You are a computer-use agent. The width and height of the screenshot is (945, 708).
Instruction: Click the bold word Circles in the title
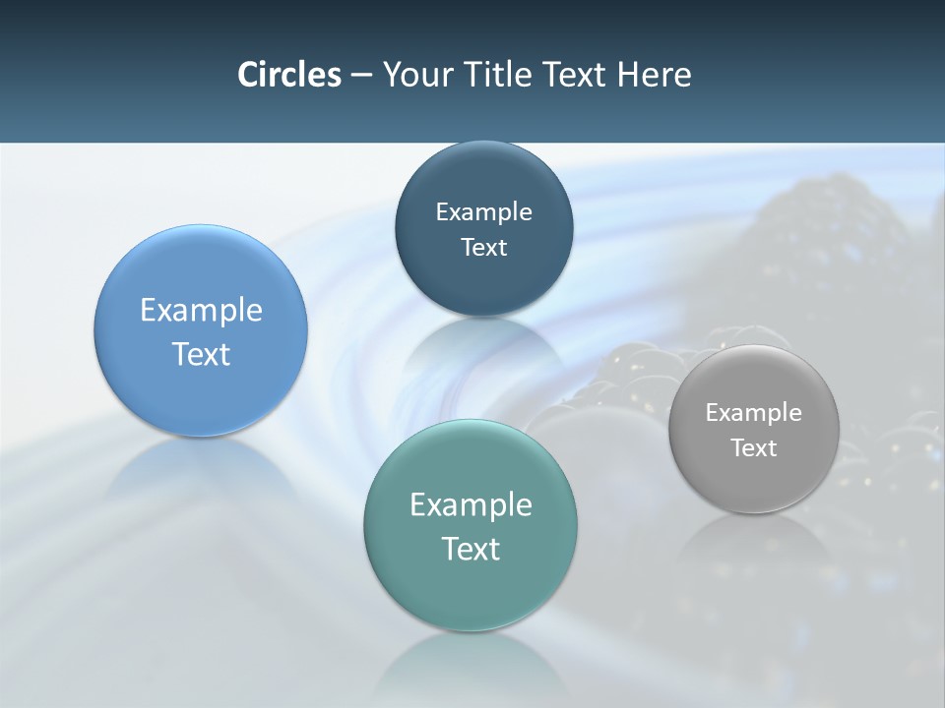coord(289,75)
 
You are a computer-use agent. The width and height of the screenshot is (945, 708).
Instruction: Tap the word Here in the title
coord(654,75)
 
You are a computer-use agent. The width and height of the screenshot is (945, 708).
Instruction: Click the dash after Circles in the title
coord(361,76)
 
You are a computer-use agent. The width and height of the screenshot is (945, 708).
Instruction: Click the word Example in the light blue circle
coord(201,311)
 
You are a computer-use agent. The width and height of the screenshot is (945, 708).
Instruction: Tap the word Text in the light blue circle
coord(201,354)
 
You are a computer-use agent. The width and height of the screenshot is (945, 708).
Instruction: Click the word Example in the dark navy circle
coord(483,212)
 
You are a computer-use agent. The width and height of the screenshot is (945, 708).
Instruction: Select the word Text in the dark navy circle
coord(483,248)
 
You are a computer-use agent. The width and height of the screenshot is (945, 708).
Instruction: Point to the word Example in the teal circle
coord(471,505)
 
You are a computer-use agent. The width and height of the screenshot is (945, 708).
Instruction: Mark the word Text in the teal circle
coord(471,549)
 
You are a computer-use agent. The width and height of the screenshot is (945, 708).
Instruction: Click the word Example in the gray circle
coord(753,413)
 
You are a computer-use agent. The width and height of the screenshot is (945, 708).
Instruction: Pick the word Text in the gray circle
coord(753,448)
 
